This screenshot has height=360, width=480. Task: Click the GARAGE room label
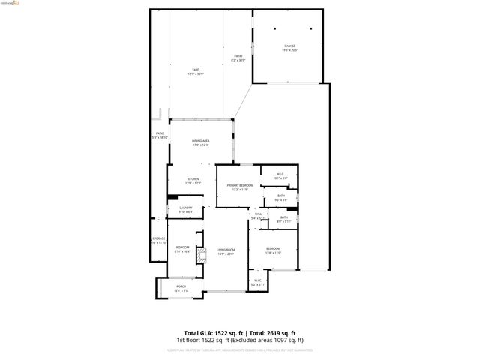289,46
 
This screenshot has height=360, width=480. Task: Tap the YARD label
195,69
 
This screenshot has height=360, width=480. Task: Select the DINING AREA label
200,141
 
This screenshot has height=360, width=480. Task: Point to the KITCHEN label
193,179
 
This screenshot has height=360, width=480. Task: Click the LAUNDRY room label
185,208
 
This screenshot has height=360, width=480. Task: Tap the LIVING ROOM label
226,250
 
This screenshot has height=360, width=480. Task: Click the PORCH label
181,286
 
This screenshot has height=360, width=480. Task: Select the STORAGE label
158,238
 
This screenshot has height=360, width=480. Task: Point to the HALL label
258,214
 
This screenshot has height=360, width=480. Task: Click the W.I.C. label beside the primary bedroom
279,175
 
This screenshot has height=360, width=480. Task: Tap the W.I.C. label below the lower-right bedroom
256,281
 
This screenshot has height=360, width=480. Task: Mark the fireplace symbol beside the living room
200,255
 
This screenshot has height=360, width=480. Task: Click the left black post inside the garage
274,28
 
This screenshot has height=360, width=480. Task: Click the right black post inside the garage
305,28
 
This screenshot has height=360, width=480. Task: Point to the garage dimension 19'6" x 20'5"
289,50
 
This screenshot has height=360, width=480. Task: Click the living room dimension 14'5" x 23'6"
226,254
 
